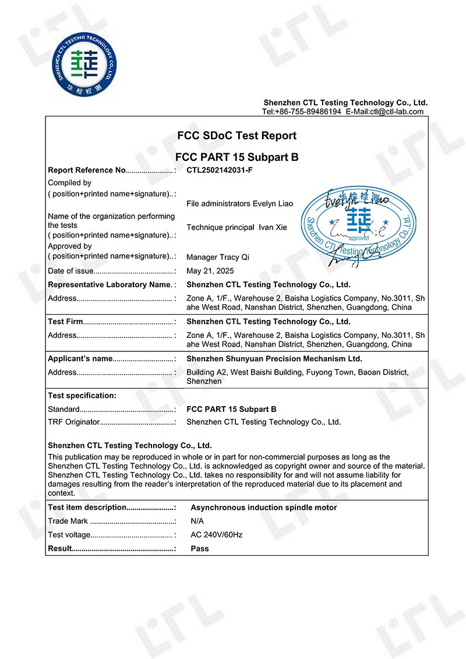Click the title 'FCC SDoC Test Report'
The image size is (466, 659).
(236, 136)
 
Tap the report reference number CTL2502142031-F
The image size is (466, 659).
(221, 171)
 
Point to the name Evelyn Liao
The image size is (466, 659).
(273, 204)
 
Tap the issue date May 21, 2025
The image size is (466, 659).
(210, 271)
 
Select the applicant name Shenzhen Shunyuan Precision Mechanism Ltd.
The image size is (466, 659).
(274, 359)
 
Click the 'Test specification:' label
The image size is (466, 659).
(82, 396)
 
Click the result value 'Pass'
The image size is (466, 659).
(200, 549)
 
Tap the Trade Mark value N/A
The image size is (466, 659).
(197, 521)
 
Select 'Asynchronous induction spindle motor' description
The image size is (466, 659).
(263, 508)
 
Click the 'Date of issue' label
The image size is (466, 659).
(70, 271)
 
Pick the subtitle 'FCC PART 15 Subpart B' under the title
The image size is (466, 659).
(236, 157)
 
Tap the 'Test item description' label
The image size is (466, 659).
(87, 508)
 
